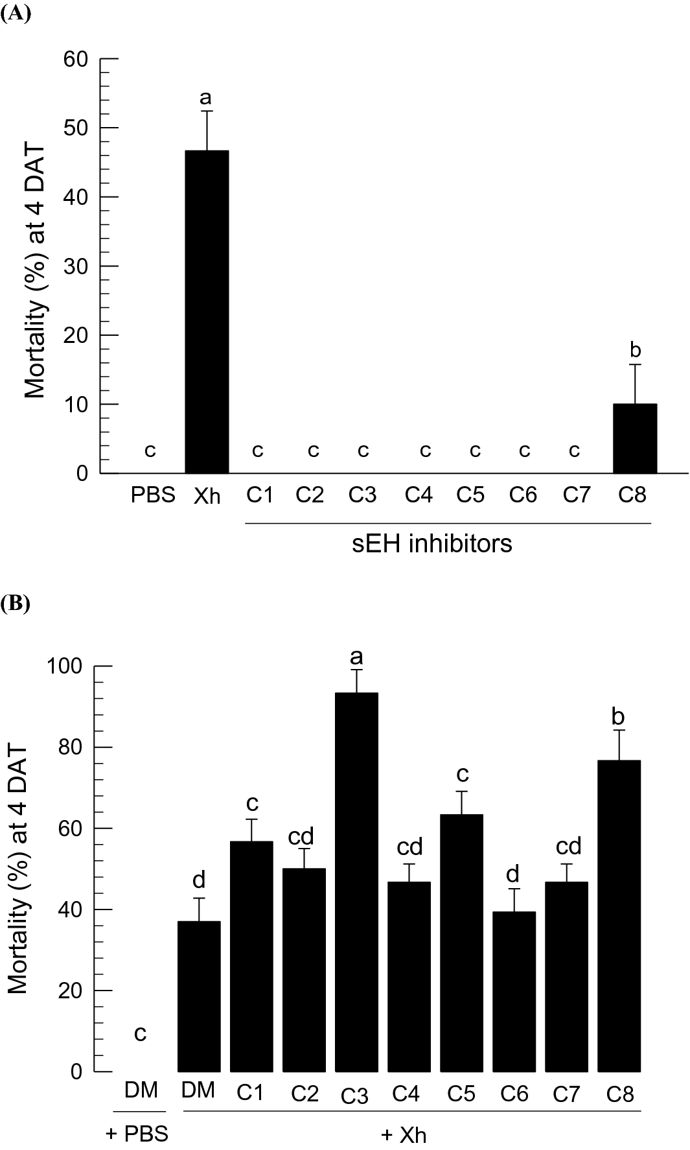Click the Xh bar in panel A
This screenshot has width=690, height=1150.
pos(207,311)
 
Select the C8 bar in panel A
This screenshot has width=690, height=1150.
pos(635,438)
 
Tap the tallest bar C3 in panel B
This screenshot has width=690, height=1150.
pos(356,882)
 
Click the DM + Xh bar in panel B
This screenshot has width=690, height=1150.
pos(199,996)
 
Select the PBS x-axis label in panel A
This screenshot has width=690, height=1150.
pos(153,495)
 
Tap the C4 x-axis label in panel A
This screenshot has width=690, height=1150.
pos(419,495)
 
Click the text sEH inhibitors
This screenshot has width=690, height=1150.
pos(432,543)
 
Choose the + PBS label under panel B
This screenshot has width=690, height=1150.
pos(137,1134)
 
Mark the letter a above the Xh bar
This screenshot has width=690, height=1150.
pos(206,98)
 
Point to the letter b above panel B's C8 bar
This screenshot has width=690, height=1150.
pos(619,717)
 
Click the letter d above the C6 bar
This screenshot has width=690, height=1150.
pos(512,874)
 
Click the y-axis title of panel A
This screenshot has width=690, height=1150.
pos(36,271)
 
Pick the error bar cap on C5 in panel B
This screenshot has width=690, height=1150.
pos(461,792)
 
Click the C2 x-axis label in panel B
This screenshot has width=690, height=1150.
pos(304,1094)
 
